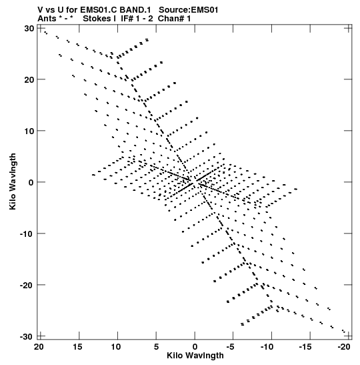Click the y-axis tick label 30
29,29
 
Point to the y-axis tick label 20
29,79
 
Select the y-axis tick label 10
29,131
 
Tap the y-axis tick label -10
27,234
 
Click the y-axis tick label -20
27,285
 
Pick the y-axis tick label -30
27,336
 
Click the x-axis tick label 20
39,347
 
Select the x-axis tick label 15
77,347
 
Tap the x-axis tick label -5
230,347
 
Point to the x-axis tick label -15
305,347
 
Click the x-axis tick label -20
344,347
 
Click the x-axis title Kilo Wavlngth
195,356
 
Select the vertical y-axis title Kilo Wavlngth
13,181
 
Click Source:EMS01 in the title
189,10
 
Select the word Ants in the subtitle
47,19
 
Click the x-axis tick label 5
156,347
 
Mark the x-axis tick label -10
267,347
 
